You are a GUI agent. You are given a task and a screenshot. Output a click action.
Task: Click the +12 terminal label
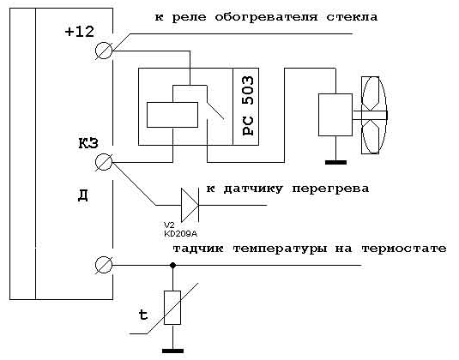[x=80, y=32]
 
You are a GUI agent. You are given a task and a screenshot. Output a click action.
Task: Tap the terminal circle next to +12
[x=104, y=51]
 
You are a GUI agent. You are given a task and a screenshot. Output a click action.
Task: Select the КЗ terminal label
[x=88, y=143]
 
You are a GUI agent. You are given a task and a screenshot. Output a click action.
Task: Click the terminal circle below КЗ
[x=104, y=162]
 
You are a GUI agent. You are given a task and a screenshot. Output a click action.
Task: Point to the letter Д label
[x=83, y=195]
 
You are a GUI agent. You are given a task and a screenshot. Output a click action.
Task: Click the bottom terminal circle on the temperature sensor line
[x=104, y=265]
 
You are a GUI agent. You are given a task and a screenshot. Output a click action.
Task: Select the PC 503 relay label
[x=249, y=105]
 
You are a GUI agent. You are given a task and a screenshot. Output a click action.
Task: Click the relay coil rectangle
[x=172, y=115]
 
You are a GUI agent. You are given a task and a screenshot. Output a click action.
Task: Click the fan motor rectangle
[x=335, y=115]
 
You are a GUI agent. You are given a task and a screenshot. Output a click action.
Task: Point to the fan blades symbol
[x=373, y=115]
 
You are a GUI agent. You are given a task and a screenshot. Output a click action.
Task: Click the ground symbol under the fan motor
[x=335, y=162]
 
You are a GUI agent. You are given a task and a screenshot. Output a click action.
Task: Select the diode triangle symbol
[x=190, y=205]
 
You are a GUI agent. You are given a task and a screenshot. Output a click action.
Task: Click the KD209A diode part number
[x=180, y=234]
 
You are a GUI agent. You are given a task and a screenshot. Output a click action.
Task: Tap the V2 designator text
[x=169, y=225]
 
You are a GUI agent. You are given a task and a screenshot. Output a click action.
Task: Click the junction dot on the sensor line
[x=173, y=265]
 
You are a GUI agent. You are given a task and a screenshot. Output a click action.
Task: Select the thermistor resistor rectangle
[x=172, y=308]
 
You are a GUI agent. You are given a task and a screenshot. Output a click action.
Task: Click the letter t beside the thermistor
[x=143, y=315]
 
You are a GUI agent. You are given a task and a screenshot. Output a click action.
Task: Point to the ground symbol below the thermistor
[x=172, y=351]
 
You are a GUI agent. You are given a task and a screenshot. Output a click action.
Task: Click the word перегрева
[x=330, y=189]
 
